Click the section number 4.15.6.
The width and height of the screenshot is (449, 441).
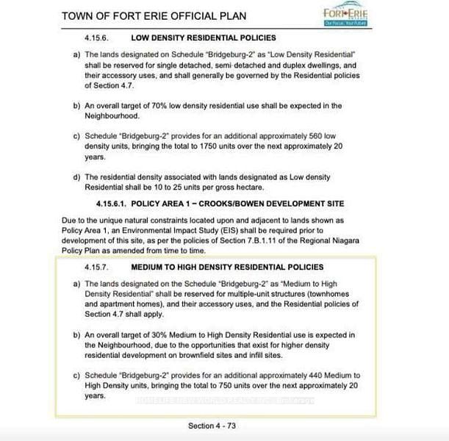click(98, 37)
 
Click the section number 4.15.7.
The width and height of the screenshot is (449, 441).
click(98, 267)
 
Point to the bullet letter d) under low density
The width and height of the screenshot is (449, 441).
click(77, 177)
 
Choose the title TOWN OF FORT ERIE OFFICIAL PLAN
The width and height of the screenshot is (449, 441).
click(165, 15)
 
